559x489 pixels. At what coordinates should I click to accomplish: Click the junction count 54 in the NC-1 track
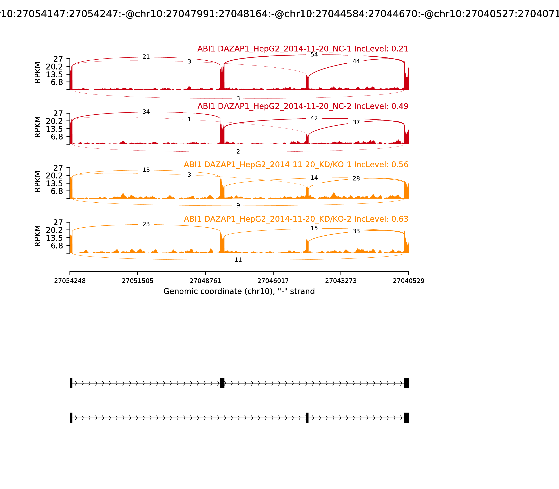click(314, 54)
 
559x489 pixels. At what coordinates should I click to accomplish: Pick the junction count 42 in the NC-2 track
click(314, 118)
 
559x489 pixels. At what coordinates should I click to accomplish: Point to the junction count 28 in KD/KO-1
click(356, 178)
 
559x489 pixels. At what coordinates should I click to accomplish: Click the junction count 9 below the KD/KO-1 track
click(238, 206)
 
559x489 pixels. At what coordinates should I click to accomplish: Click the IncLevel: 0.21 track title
click(303, 49)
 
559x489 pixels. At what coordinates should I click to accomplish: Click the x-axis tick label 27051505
click(138, 281)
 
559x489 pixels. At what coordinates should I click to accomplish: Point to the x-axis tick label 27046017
click(273, 281)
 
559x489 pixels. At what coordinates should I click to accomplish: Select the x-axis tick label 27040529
click(408, 281)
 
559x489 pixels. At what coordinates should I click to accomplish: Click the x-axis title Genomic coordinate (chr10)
click(239, 291)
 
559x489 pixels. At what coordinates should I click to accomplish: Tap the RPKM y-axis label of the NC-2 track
click(38, 127)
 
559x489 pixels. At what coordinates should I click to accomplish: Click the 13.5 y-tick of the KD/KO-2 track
click(54, 238)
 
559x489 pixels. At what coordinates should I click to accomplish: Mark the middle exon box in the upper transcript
click(222, 383)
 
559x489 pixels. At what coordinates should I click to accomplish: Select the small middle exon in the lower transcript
click(307, 418)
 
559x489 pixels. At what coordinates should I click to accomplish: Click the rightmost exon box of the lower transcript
click(406, 418)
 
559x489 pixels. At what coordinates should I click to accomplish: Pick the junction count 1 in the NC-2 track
click(189, 119)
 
